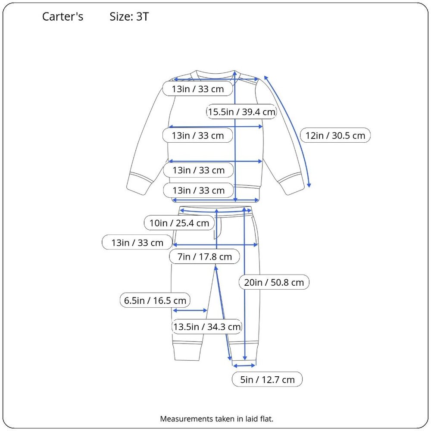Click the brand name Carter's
coord(62,16)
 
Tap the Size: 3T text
coord(129,16)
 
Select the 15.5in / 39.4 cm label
coord(241,112)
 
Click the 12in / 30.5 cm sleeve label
coord(335,135)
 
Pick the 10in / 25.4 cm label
coord(179,223)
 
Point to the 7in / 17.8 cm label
coord(204,256)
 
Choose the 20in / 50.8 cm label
coord(274,282)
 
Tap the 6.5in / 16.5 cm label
coord(155,300)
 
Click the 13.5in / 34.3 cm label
coord(207,327)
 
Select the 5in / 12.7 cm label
coord(267,379)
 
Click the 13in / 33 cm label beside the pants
coord(137,242)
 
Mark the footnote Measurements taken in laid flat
coord(217,419)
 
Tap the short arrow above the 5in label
coord(244,365)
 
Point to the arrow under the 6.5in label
coord(190,310)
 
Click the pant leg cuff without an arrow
coord(187,351)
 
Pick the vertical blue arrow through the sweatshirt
coord(235,136)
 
